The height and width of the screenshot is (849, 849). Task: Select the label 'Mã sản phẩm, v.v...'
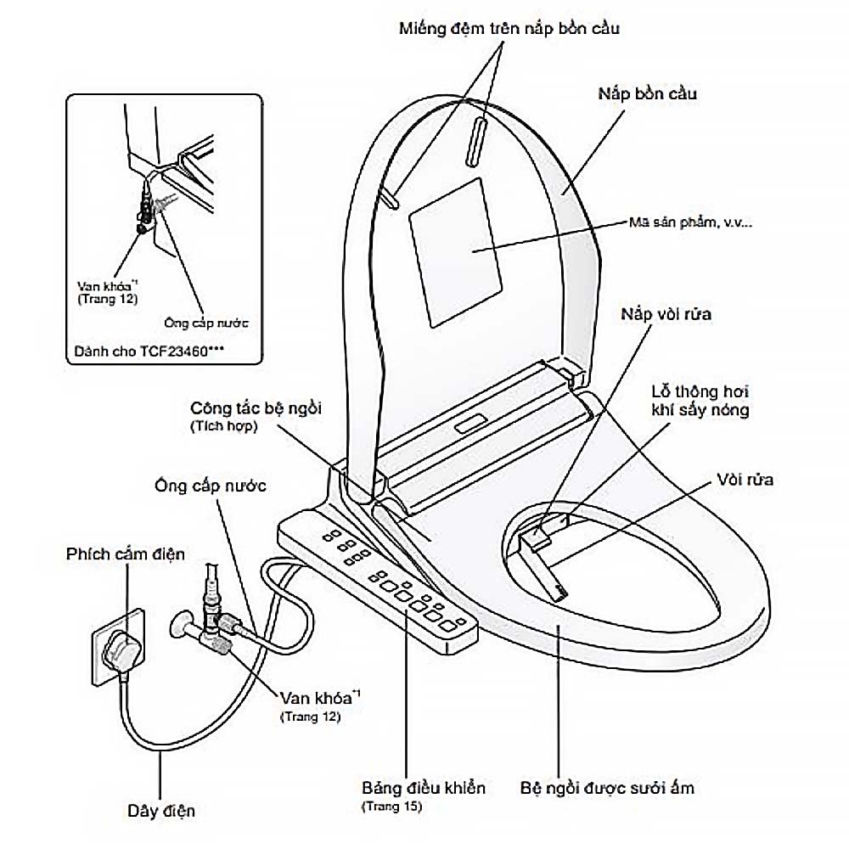click(x=690, y=222)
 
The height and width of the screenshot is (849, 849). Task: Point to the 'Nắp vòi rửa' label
click(x=665, y=315)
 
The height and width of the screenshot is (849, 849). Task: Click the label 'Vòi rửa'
click(x=745, y=480)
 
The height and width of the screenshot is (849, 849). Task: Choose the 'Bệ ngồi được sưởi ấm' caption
click(x=607, y=788)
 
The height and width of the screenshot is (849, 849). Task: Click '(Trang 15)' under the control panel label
click(x=391, y=806)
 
